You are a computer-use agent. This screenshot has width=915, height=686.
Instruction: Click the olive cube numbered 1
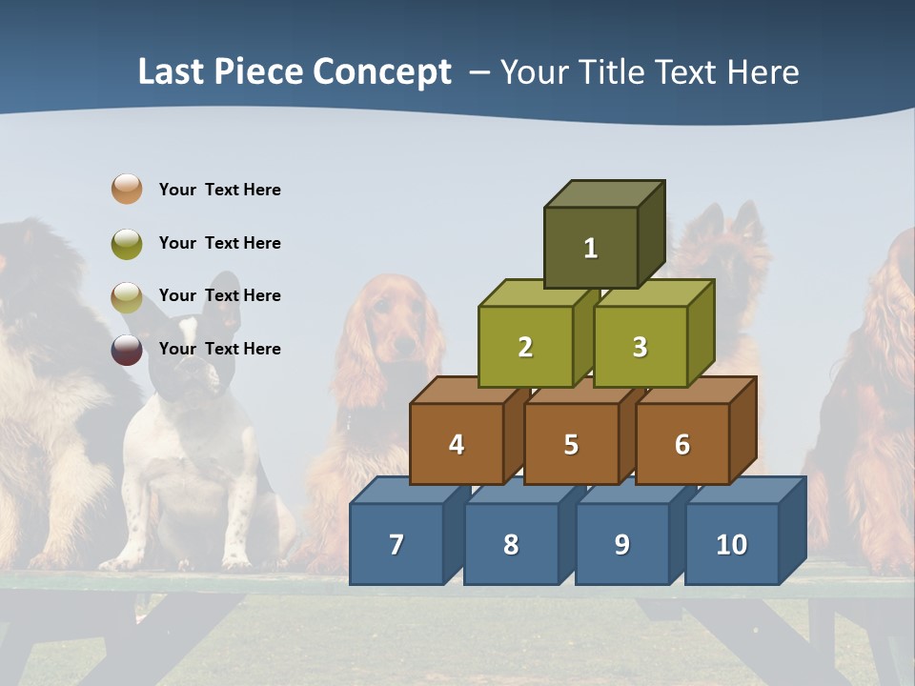[591, 248]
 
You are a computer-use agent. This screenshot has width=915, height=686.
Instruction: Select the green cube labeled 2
[525, 347]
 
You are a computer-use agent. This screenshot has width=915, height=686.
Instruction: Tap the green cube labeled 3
[640, 347]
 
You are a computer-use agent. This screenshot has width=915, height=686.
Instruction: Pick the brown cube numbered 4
[457, 444]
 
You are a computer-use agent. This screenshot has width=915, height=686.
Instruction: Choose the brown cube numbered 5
[571, 444]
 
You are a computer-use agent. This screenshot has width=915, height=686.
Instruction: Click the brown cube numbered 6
[682, 444]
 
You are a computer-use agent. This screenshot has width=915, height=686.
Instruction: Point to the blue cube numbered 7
[396, 544]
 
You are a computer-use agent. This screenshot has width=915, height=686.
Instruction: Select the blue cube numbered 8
[511, 544]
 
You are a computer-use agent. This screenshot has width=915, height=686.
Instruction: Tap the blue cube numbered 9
[621, 544]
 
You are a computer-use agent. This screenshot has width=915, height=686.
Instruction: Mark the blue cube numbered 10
[731, 544]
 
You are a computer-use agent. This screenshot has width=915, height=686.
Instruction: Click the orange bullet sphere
[127, 189]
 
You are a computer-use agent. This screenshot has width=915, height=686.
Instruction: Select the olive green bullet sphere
[127, 243]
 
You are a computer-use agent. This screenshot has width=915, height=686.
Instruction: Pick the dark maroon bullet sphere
[127, 349]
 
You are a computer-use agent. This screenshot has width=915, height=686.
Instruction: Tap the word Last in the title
[172, 72]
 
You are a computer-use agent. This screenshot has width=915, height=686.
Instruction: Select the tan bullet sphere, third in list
[127, 296]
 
